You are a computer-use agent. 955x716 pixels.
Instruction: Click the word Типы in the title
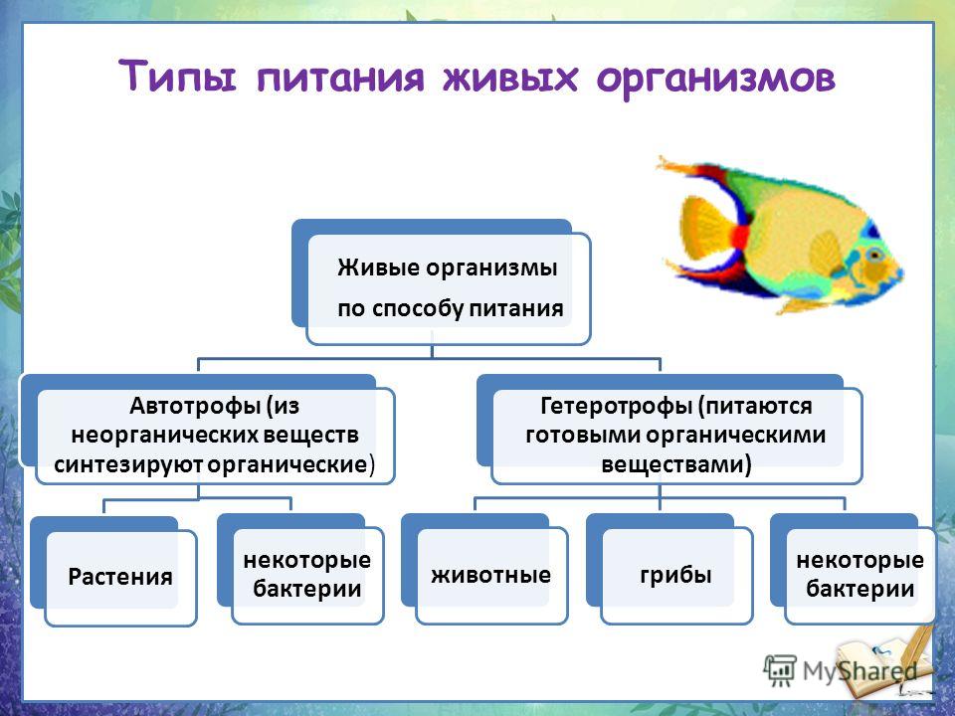[x=177, y=77]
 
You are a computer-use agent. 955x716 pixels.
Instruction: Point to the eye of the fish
[x=874, y=255]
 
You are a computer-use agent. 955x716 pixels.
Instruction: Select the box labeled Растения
[x=120, y=577]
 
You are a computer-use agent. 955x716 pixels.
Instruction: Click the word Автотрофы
[x=196, y=406]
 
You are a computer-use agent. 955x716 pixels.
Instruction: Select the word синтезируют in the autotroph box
[x=128, y=464]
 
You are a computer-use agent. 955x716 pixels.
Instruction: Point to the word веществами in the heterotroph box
[x=676, y=464]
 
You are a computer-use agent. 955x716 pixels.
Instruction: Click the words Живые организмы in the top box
[x=448, y=268]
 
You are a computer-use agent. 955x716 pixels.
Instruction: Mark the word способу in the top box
[x=411, y=308]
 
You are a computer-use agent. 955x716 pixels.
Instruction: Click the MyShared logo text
[x=859, y=671]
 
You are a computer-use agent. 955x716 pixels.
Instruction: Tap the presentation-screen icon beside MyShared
[x=780, y=670]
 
